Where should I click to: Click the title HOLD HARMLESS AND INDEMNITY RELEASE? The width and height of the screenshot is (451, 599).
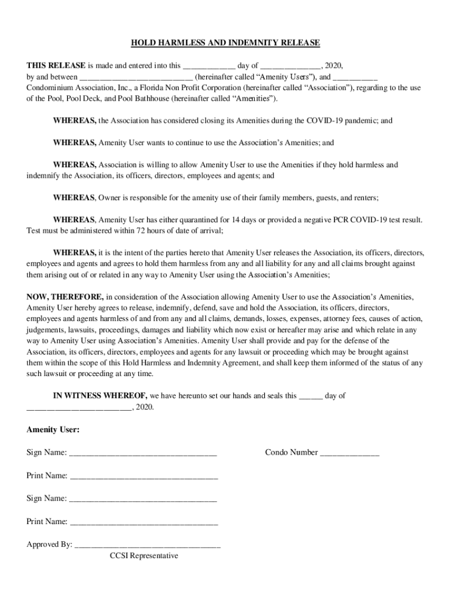[225, 43]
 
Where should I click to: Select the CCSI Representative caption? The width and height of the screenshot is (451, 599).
[144, 556]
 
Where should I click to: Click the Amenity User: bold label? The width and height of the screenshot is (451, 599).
[53, 429]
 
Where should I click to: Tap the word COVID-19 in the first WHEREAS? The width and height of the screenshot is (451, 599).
[322, 121]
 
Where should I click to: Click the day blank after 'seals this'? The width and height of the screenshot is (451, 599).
[310, 397]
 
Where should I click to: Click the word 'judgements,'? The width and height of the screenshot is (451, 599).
[46, 330]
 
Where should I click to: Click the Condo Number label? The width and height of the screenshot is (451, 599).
[291, 452]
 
